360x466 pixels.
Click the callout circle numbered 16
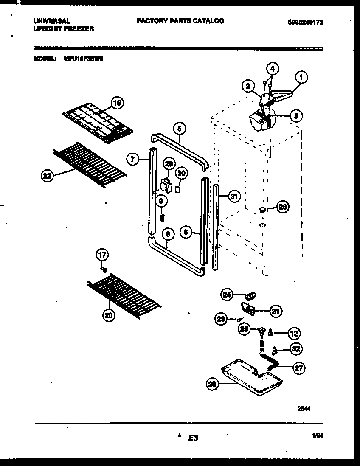117,103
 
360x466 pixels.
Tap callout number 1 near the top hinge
301,77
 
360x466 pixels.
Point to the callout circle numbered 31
233,197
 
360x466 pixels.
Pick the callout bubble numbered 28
212,384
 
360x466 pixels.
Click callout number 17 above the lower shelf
102,255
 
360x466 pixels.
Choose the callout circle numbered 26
282,207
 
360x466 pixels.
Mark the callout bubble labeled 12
294,334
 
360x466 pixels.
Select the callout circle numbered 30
181,173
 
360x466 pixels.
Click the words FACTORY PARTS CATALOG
180,21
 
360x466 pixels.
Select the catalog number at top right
303,22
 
